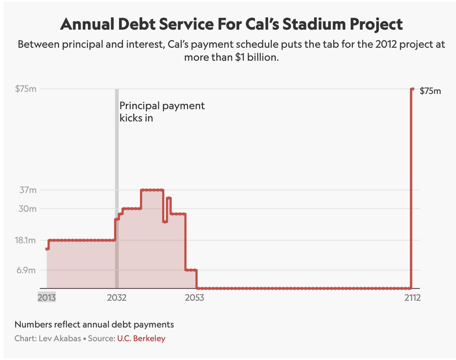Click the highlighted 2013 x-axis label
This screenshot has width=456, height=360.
point(47,298)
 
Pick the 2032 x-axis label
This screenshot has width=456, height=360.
point(117,298)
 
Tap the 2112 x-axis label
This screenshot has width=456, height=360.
point(412,298)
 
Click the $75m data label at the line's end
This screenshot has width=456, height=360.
point(430,91)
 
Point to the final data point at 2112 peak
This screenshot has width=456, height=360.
point(412,89)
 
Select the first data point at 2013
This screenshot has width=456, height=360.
point(47,249)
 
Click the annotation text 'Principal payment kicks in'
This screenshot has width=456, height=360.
point(162,112)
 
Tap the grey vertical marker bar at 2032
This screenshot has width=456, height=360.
point(117,182)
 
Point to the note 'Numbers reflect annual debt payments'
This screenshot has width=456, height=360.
point(94,325)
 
